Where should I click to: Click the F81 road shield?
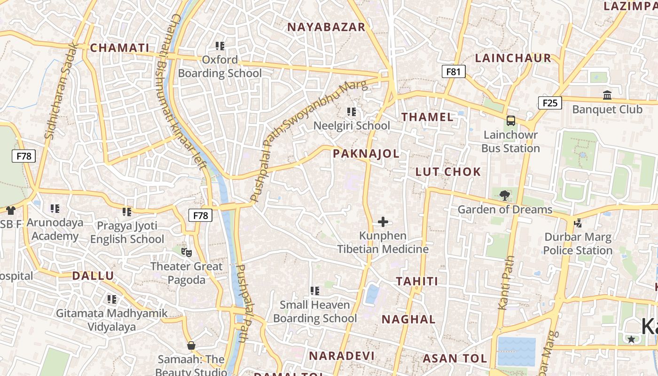pyautogui.click(x=454, y=71)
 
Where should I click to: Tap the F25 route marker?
pyautogui.click(x=550, y=103)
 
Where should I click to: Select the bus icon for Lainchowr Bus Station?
pyautogui.click(x=511, y=120)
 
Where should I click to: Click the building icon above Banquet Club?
pyautogui.click(x=607, y=95)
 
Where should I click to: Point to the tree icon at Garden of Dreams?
pyautogui.click(x=505, y=195)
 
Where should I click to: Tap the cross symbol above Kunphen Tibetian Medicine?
pyautogui.click(x=383, y=221)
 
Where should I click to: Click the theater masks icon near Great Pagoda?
pyautogui.click(x=187, y=252)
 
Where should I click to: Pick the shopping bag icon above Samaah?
pyautogui.click(x=191, y=345)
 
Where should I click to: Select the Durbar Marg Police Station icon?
pyautogui.click(x=578, y=223)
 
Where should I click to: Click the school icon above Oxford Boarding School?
pyautogui.click(x=220, y=46)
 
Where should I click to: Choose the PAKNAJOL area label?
pyautogui.click(x=366, y=153)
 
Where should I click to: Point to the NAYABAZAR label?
pyautogui.click(x=326, y=27)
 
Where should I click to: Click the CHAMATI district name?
pyautogui.click(x=119, y=47)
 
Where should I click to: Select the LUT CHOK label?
pyautogui.click(x=448, y=172)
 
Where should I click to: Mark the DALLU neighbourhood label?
pyautogui.click(x=93, y=275)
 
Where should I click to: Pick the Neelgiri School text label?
pyautogui.click(x=352, y=125)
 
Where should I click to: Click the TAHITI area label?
pyautogui.click(x=417, y=281)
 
